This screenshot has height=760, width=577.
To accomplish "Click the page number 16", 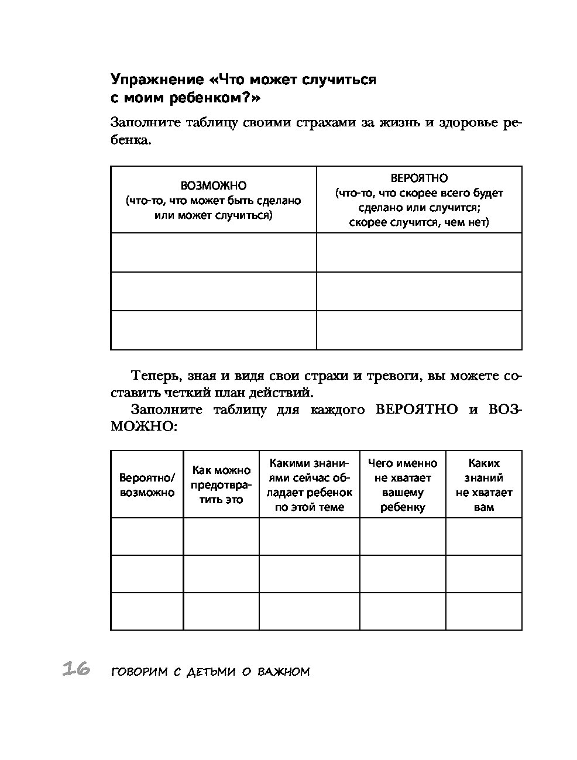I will pyautogui.click(x=75, y=669).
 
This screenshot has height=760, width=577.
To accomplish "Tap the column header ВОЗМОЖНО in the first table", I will pyautogui.click(x=214, y=186).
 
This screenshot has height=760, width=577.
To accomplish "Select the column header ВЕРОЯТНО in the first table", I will pyautogui.click(x=419, y=178).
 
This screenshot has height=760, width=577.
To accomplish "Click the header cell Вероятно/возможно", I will pyautogui.click(x=147, y=485).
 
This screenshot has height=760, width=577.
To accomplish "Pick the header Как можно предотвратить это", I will pyautogui.click(x=221, y=484).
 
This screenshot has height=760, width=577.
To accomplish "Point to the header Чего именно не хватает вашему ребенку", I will pyautogui.click(x=403, y=485).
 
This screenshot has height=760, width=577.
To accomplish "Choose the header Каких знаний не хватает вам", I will pyautogui.click(x=484, y=485).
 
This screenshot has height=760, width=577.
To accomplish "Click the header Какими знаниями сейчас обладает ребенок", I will pyautogui.click(x=309, y=485).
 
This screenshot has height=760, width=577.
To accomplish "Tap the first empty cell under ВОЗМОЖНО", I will pyautogui.click(x=214, y=252).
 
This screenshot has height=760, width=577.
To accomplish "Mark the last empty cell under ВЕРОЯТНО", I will pyautogui.click(x=419, y=330).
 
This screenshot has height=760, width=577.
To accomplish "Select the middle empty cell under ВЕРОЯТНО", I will pyautogui.click(x=419, y=291).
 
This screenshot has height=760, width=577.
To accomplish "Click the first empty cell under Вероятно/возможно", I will pyautogui.click(x=147, y=537).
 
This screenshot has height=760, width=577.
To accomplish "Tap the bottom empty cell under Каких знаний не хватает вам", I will pyautogui.click(x=484, y=611).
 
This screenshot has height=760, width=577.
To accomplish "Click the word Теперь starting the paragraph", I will pyautogui.click(x=150, y=376).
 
